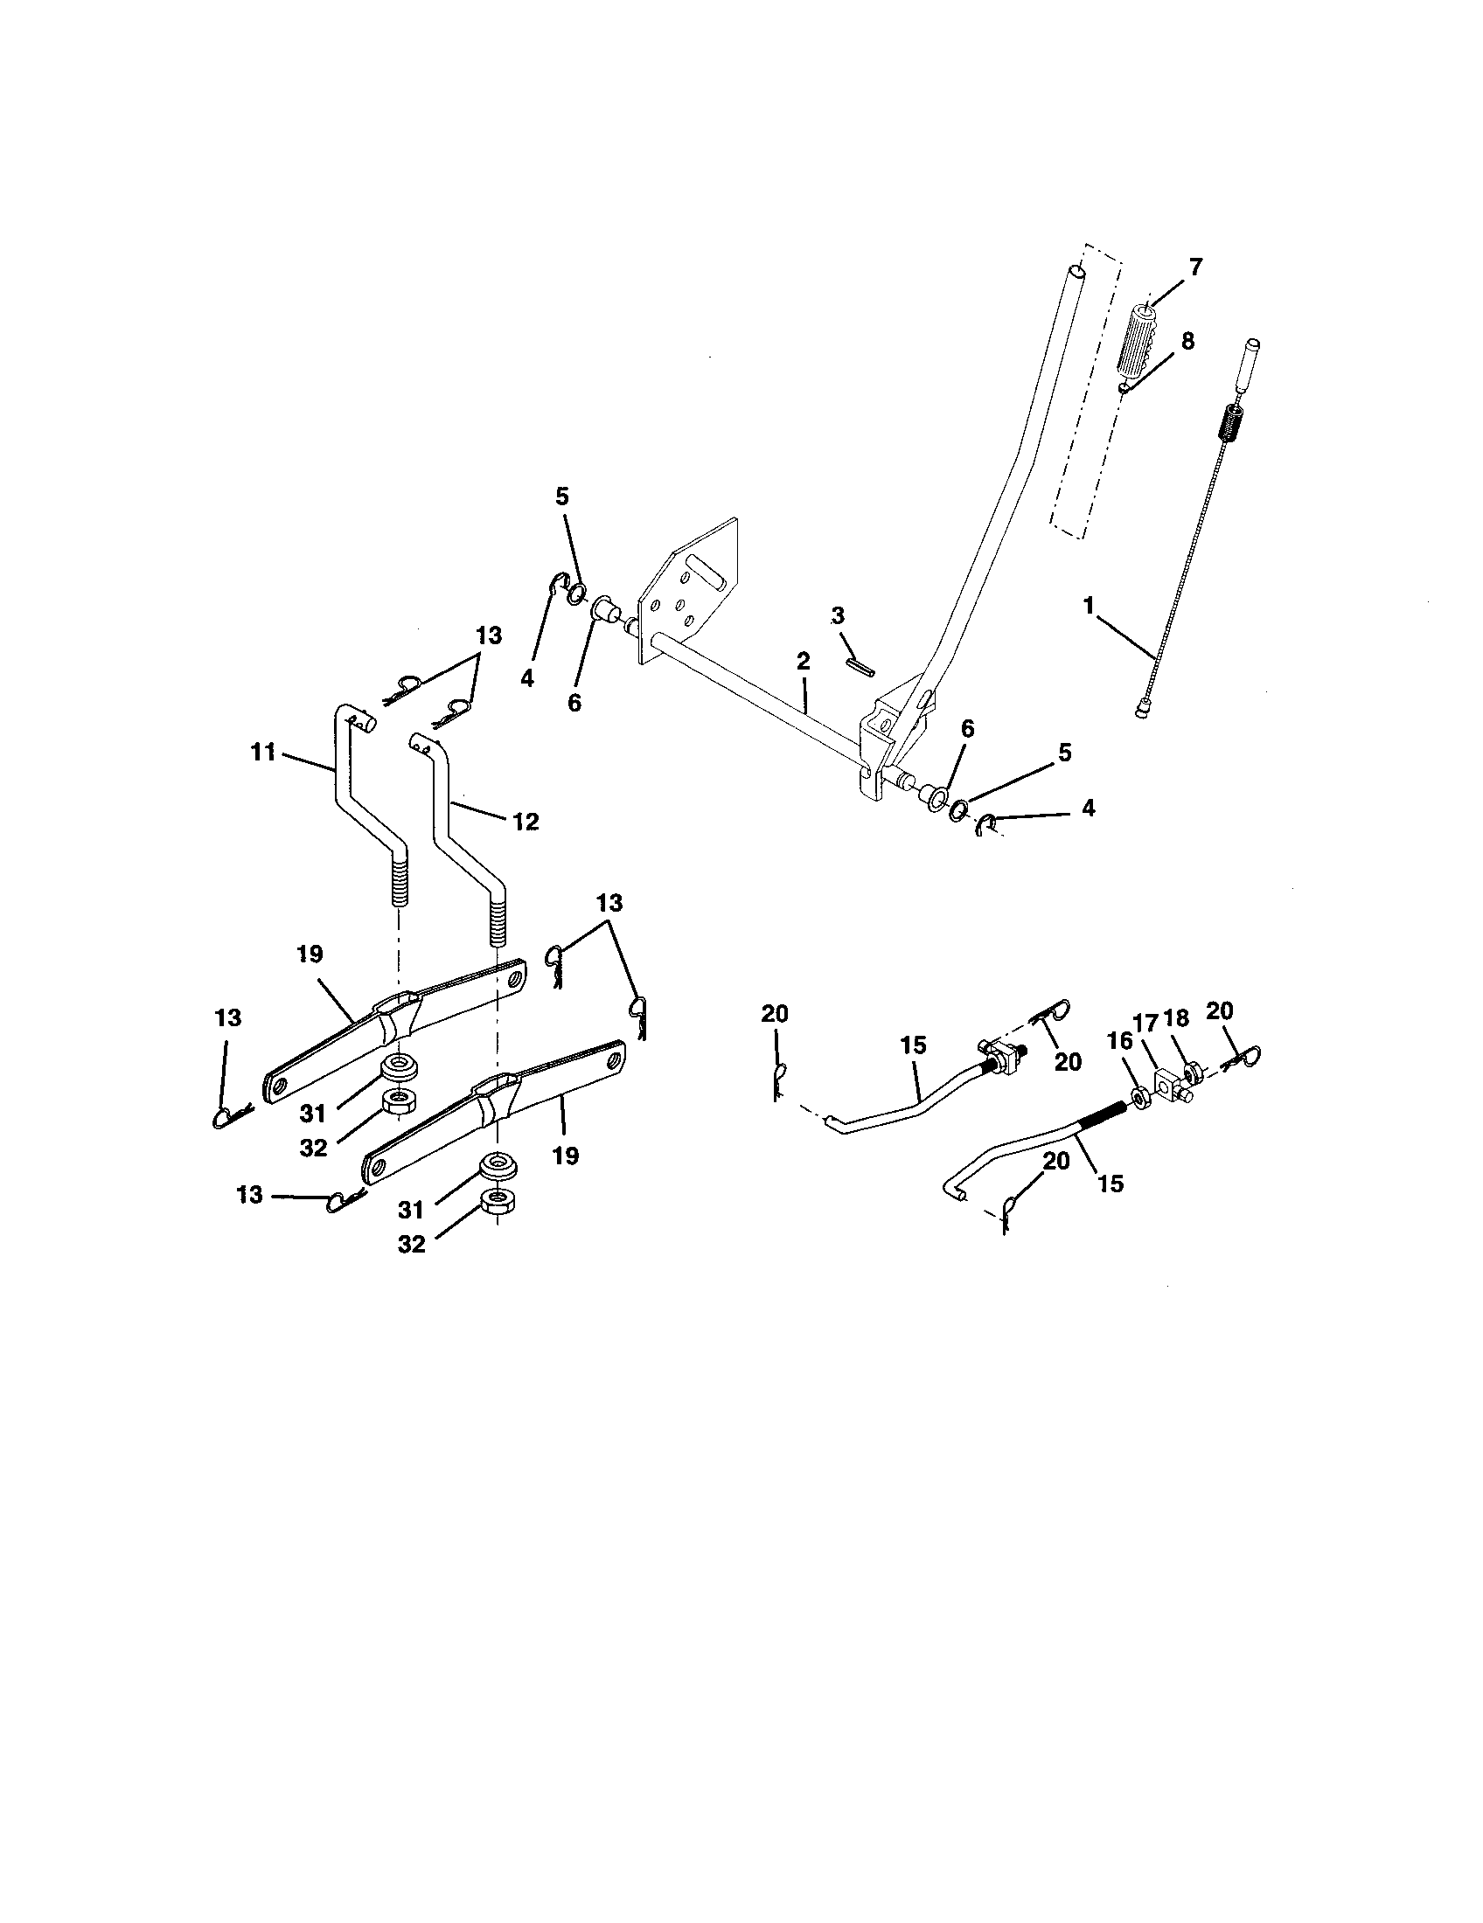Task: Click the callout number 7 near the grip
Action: tap(1196, 268)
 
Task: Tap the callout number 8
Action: tap(1188, 342)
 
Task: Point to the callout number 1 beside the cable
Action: tap(1090, 605)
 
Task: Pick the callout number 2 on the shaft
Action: tap(802, 662)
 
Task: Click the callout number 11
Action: tap(263, 753)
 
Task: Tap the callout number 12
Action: tap(525, 822)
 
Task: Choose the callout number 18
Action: tap(1176, 1018)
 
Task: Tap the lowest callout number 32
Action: tap(411, 1243)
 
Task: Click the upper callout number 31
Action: tap(313, 1114)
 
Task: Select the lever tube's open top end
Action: tap(1075, 273)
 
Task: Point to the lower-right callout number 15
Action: tap(1111, 1183)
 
